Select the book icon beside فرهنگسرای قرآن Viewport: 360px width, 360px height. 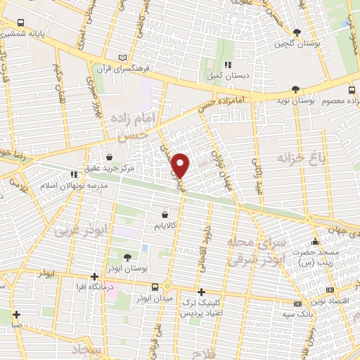click(x=124, y=57)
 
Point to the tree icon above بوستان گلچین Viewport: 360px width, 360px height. click(x=297, y=32)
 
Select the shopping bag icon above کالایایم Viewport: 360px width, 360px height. click(x=165, y=214)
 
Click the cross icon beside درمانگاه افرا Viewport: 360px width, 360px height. click(x=95, y=276)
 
